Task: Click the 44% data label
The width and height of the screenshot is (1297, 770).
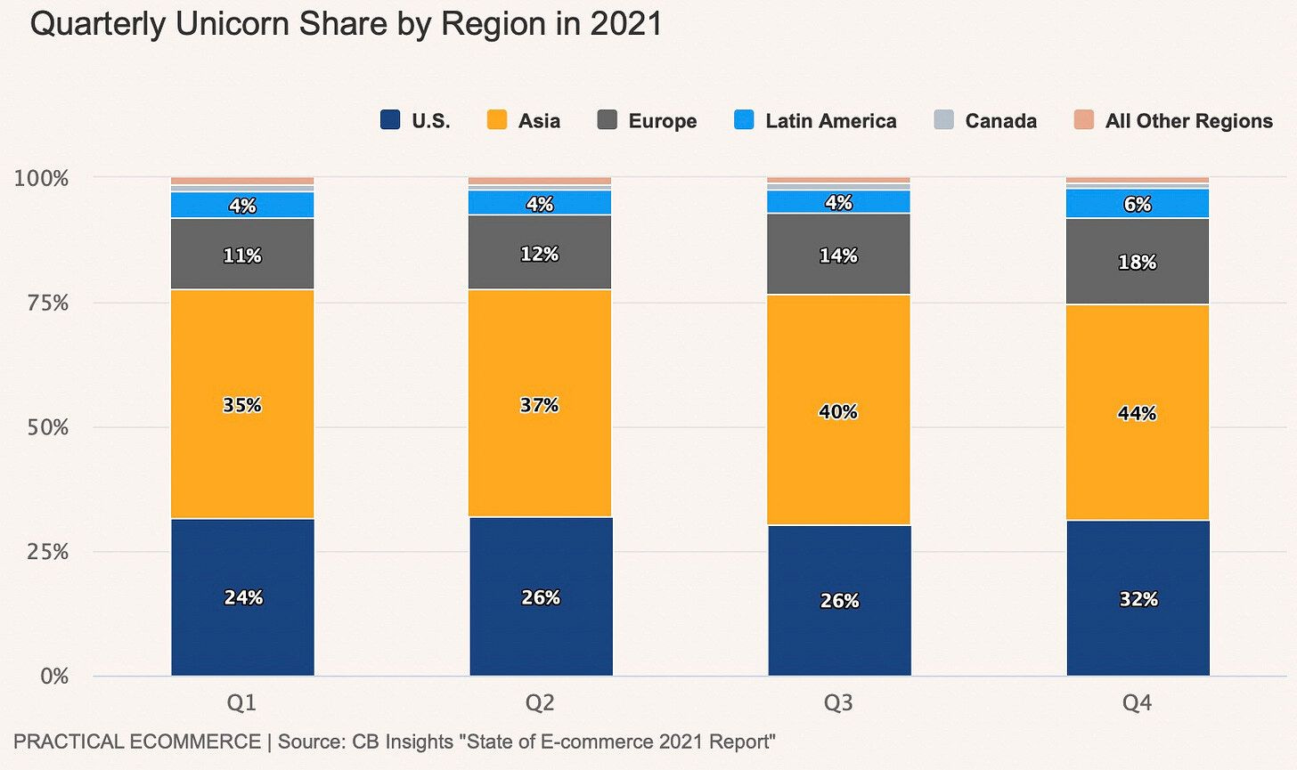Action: coord(1138,413)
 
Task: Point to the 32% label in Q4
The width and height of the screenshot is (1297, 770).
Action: coord(1138,599)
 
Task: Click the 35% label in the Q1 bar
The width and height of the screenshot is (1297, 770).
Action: coord(242,405)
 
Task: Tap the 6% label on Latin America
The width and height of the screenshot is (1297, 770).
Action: coord(1138,204)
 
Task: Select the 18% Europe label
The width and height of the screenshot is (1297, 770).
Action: coord(1138,262)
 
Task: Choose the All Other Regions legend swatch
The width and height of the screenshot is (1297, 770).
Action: coord(1083,120)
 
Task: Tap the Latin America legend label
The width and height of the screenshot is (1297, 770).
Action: coord(830,121)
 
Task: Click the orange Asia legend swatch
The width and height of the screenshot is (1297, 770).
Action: coord(497,120)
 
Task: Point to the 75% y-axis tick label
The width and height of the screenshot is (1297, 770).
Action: coord(41,304)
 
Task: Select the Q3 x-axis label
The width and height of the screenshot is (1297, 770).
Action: coord(838,703)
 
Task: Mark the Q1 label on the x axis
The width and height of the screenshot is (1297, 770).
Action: coord(242,703)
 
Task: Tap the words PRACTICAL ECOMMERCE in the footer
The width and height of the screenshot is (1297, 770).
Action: coord(137,742)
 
